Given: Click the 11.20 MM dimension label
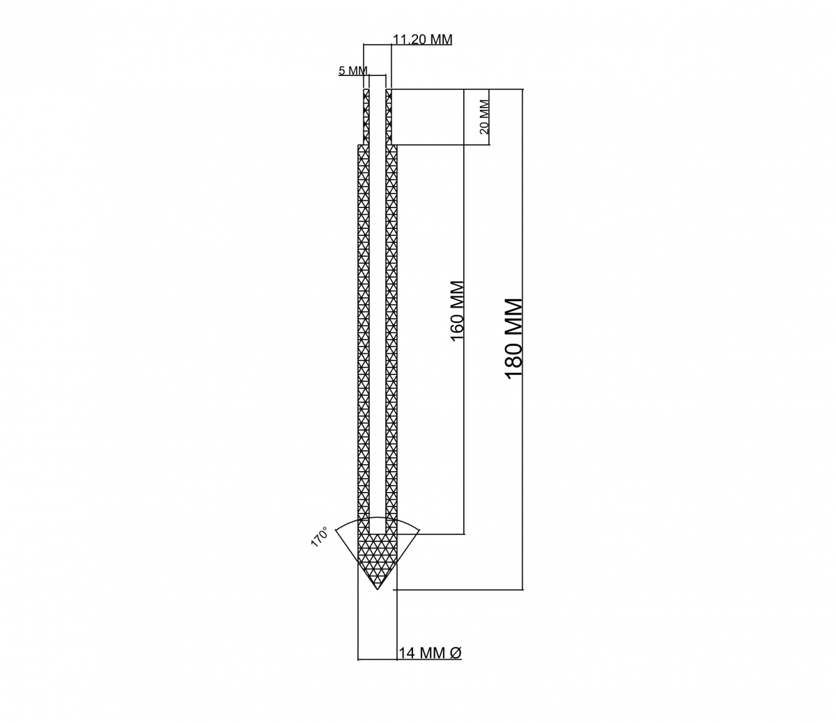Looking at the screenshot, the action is (423, 39).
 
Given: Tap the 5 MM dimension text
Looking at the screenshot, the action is (353, 71).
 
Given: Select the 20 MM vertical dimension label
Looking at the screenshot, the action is (483, 117).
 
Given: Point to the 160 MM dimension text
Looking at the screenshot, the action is (457, 312).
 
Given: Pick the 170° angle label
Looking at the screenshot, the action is (319, 537).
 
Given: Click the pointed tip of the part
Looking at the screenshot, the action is (378, 589).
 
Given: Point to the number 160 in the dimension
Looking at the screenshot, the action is (457, 327).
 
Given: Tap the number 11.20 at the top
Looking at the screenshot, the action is (410, 39).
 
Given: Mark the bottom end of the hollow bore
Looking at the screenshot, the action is (378, 534).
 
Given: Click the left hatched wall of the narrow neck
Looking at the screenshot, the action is (366, 117).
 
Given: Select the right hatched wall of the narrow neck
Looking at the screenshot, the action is (388, 117).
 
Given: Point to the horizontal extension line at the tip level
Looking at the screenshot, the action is (458, 589).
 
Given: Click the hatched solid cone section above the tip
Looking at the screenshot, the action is (378, 557).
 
